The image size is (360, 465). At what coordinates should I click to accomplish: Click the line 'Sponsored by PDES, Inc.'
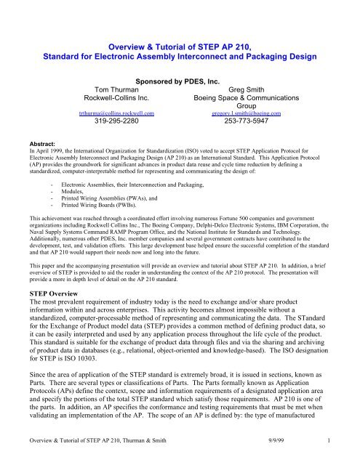pyautogui.click(x=180, y=74)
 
